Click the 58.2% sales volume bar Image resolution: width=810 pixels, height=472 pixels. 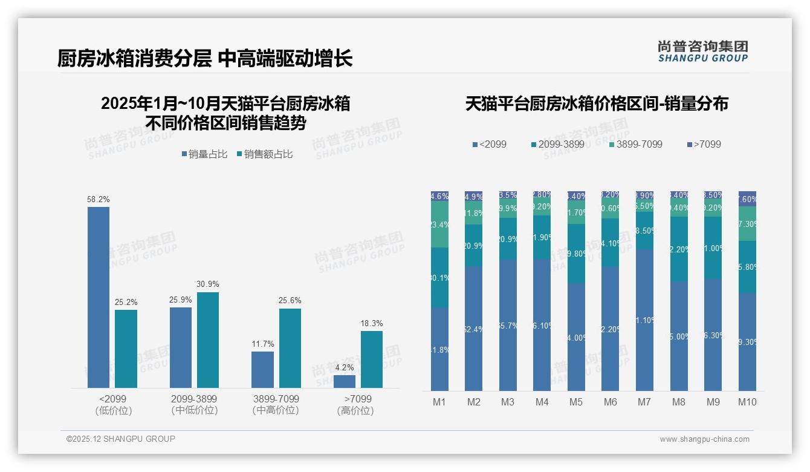99,297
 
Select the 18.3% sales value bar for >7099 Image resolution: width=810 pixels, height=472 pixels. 372,359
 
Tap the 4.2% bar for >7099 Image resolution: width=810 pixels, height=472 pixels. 345,381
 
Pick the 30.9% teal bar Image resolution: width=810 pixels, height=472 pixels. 208,339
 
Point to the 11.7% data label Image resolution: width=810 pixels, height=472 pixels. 263,344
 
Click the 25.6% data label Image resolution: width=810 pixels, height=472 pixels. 290,301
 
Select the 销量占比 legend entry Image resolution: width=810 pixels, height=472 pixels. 204,154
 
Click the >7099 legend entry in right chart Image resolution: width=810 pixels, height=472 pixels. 704,145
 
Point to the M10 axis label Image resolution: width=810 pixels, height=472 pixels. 747,402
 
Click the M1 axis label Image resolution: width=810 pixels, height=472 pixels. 439,402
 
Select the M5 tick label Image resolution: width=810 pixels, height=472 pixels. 576,402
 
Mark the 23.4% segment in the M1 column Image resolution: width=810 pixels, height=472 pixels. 440,225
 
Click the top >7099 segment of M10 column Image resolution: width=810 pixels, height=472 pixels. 748,199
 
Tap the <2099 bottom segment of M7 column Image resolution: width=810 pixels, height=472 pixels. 645,320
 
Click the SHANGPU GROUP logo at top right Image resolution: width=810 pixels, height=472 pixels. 702,51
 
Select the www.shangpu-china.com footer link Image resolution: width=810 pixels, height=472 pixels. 704,439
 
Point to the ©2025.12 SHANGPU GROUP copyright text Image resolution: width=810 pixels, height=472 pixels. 121,439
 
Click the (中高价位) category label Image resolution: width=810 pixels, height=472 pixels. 276,410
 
